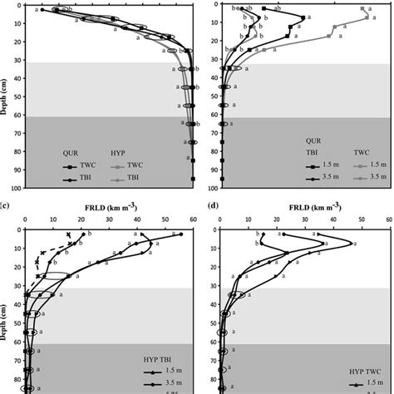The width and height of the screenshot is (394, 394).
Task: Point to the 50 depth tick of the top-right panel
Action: click(208, 95)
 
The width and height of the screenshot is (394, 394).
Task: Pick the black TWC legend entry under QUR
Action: click(88, 165)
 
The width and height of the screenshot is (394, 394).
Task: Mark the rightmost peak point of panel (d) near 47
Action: click(352, 244)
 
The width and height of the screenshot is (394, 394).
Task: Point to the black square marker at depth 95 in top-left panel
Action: click(193, 179)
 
